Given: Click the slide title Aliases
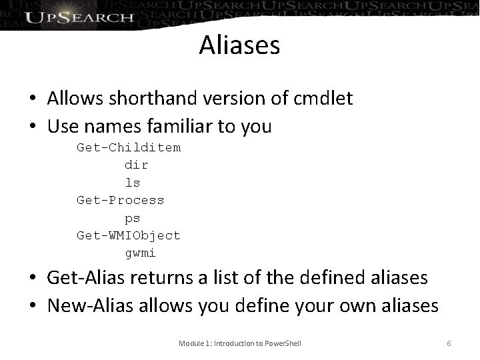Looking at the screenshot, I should [239, 46].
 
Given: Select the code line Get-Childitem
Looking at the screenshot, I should [129, 147].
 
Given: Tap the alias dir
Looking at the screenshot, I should [137, 165].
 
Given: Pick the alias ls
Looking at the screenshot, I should [133, 182].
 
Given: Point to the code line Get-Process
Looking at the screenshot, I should [120, 200].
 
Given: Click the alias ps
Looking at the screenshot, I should [133, 218].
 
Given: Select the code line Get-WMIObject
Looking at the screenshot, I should [129, 235].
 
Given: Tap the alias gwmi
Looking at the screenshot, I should [141, 253].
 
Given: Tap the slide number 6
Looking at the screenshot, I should [449, 343].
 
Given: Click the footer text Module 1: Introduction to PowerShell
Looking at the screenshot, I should [240, 343].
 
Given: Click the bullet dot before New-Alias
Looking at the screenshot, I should [32, 307].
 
